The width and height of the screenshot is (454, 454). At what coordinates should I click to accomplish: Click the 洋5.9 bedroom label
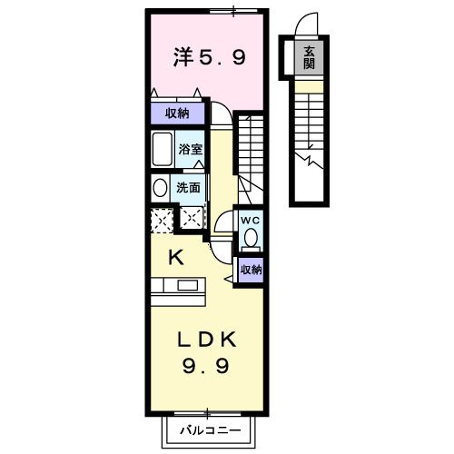[x=209, y=59]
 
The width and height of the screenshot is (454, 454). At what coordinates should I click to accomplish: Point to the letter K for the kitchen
[x=176, y=258]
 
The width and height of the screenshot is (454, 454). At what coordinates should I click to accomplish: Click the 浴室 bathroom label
[x=190, y=149]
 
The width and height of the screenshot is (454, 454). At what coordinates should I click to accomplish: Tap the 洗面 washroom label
[x=188, y=189]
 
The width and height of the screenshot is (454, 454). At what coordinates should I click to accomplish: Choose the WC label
[x=250, y=220]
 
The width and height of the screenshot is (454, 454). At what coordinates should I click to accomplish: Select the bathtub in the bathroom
[x=163, y=148]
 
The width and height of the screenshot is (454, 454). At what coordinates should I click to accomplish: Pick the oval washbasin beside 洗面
[x=160, y=189]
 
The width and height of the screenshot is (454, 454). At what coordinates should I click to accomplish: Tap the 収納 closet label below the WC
[x=251, y=269]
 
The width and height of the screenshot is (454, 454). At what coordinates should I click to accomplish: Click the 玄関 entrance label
[x=310, y=58]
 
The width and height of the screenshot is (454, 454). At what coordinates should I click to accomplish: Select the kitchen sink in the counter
[x=190, y=285]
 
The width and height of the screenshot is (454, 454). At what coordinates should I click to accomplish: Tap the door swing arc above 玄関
[x=311, y=25]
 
